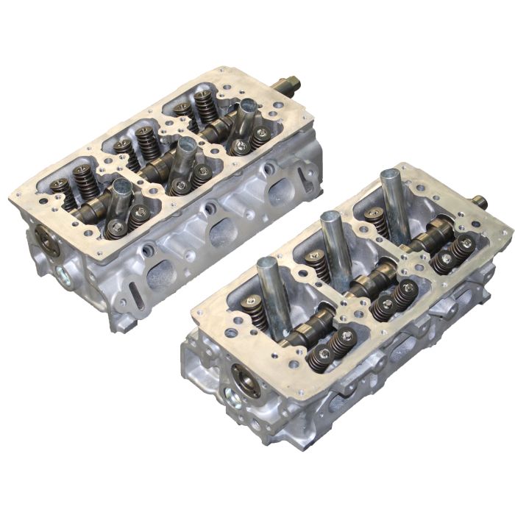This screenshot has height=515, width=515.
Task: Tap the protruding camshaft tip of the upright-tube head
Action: pyautogui.click(x=480, y=202)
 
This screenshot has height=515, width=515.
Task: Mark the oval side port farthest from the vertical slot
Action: pyautogui.click(x=280, y=193)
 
